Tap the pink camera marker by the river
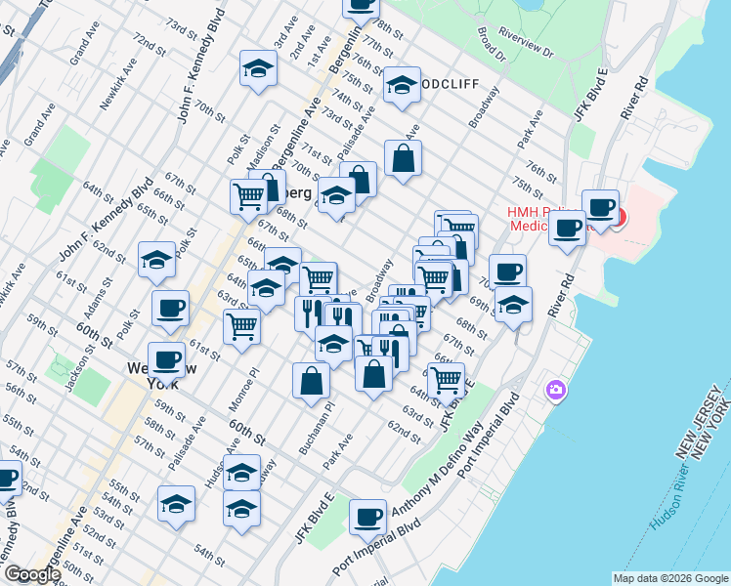click(x=556, y=391)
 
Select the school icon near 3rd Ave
click(x=257, y=67)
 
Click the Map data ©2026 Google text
click(x=670, y=578)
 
